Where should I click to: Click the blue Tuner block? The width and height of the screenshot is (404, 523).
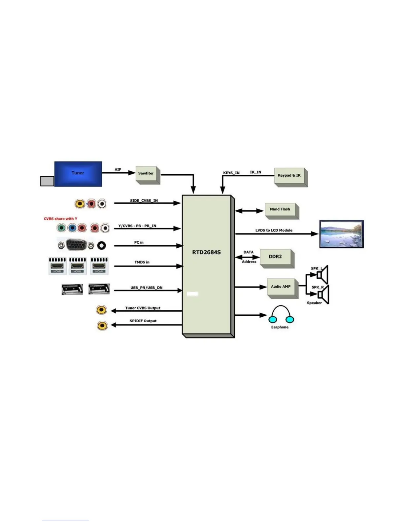pos(78,174)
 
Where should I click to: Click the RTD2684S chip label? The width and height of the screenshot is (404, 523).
pos(206,252)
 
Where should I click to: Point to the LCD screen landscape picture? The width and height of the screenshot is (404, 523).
pos(341,234)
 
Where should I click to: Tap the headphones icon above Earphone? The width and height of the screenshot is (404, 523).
pos(281,314)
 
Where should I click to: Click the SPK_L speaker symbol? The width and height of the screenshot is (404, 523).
pos(322,274)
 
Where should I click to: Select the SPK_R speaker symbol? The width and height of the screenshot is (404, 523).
pos(323,294)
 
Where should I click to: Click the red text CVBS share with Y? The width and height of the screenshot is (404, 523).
pos(60,219)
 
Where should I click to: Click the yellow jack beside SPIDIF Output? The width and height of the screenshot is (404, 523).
pos(102,326)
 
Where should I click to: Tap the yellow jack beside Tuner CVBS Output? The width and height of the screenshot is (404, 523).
pos(101,310)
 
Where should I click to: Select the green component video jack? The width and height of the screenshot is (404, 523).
pos(61,228)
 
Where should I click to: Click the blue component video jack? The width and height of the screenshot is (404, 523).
pos(72,228)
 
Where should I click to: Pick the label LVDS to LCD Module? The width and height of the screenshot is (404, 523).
pos(274,230)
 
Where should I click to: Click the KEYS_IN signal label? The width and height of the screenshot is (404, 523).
pos(231,173)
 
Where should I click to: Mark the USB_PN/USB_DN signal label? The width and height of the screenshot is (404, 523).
pos(146,288)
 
